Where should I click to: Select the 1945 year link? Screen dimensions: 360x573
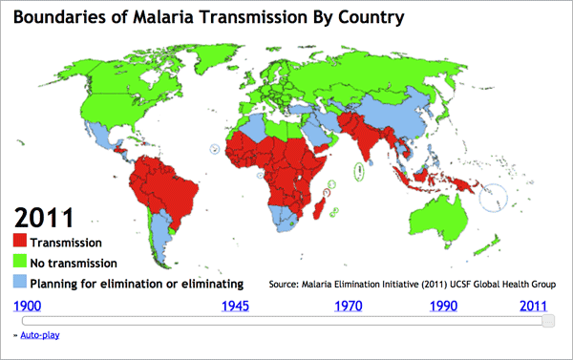click(236, 306)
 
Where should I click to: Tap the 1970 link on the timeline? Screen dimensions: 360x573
click(350, 306)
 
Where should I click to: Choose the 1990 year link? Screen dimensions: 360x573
click(443, 306)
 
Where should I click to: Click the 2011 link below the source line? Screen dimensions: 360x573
click(534, 306)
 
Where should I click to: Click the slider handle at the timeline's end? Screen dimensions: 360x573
click(547, 321)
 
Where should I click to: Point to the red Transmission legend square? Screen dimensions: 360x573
click(19, 243)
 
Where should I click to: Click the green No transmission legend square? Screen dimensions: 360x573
click(19, 263)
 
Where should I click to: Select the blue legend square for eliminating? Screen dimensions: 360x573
click(19, 283)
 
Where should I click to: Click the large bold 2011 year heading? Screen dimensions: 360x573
click(42, 217)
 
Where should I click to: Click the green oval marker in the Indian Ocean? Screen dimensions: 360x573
click(358, 173)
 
